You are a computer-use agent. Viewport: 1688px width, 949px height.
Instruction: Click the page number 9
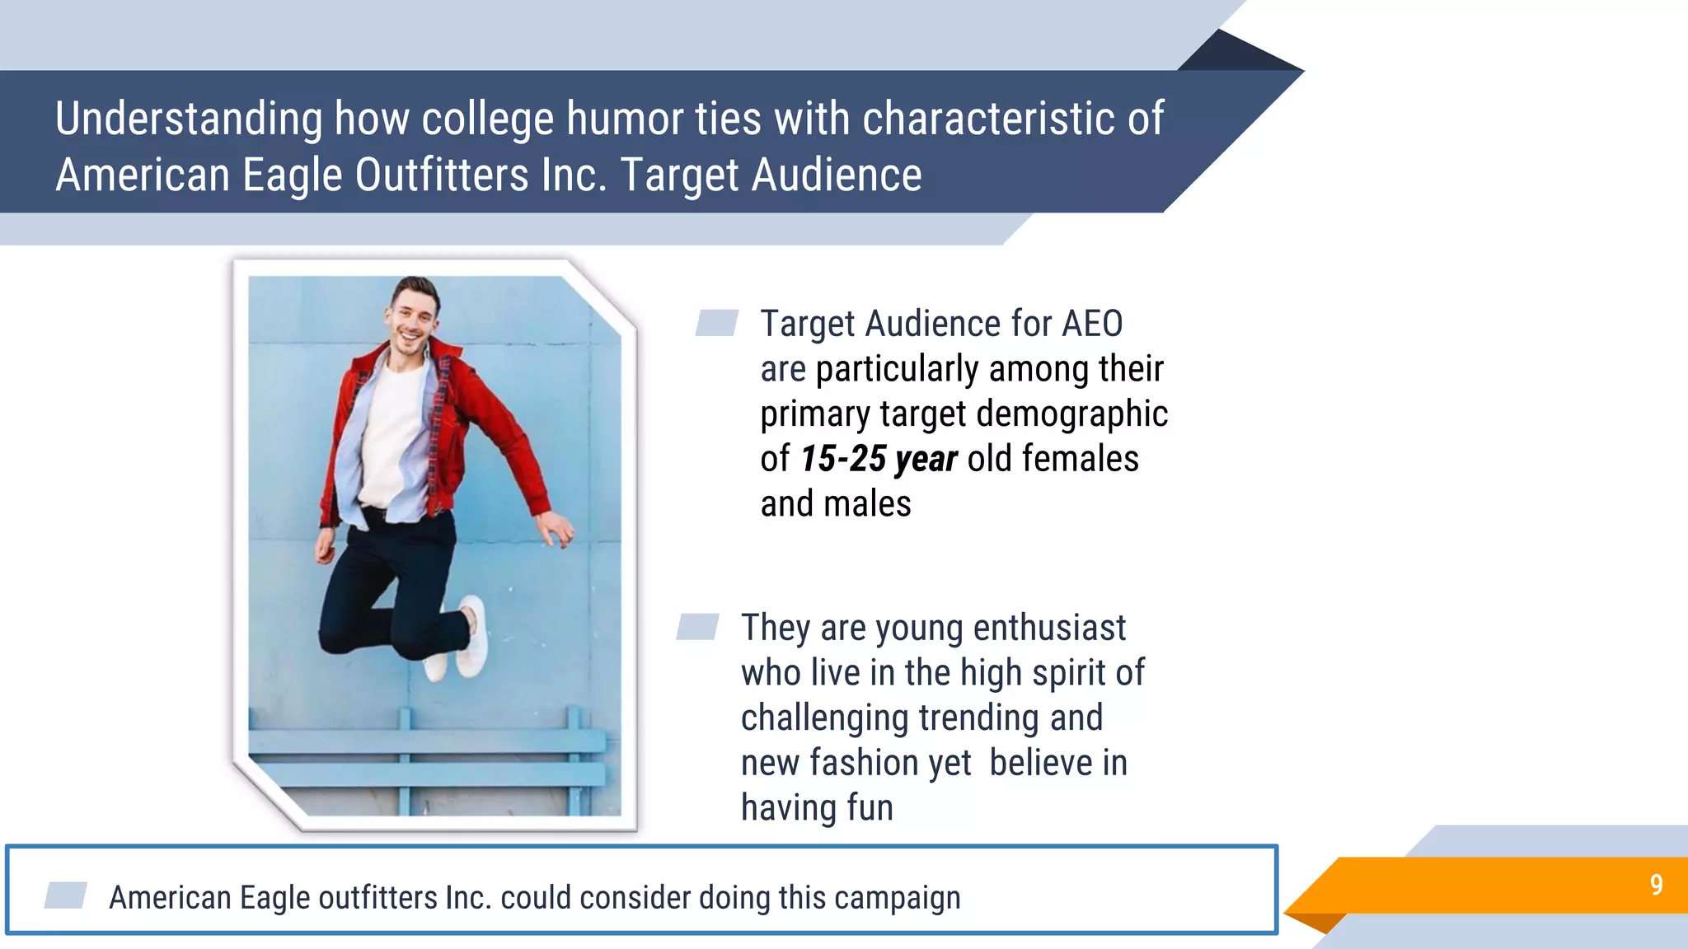pyautogui.click(x=1656, y=885)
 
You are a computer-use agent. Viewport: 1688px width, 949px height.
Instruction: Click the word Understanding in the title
pyautogui.click(x=189, y=119)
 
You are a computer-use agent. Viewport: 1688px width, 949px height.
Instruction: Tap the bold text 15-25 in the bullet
pyautogui.click(x=843, y=459)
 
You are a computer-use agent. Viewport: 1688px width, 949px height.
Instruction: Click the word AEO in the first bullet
pyautogui.click(x=1091, y=324)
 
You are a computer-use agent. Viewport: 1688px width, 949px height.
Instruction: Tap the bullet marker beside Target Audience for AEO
pyautogui.click(x=716, y=323)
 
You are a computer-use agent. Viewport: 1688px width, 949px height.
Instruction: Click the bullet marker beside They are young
pyautogui.click(x=697, y=627)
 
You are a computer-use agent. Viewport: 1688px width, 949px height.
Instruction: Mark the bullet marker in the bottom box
pyautogui.click(x=66, y=895)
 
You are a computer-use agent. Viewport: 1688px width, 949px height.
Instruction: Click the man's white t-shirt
pyautogui.click(x=394, y=437)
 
